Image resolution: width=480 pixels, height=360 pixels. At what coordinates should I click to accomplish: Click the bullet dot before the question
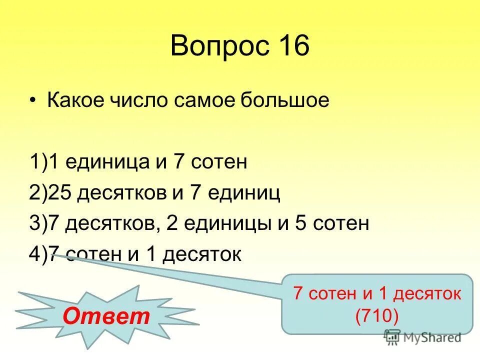[x=33, y=100]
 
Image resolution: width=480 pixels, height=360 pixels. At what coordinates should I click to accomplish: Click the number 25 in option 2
[x=56, y=192]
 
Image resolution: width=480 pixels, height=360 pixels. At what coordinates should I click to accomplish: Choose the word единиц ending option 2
[x=247, y=193]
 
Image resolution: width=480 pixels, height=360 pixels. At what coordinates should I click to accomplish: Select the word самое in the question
[x=205, y=100]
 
